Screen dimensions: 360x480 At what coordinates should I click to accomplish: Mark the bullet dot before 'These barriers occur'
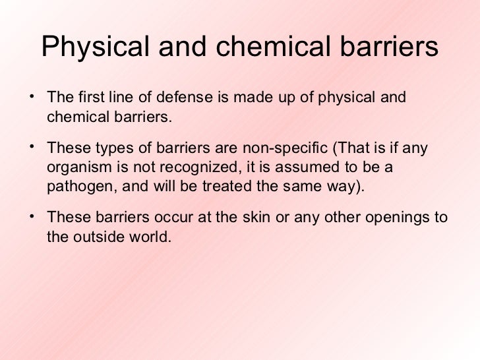(x=33, y=214)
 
